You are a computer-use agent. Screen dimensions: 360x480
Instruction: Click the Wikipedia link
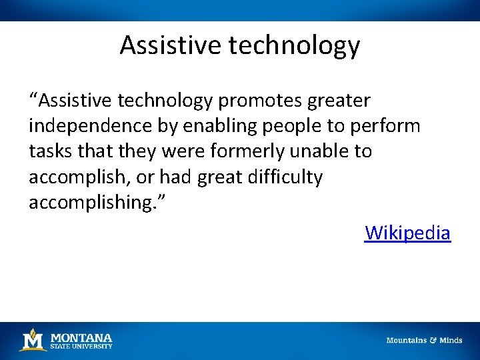tap(407, 233)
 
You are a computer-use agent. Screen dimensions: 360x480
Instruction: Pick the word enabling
tap(211, 126)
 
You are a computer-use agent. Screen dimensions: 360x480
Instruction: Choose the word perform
tap(388, 126)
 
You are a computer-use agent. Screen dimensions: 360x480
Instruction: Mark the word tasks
tap(50, 151)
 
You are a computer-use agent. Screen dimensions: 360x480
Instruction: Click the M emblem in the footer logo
tap(32, 339)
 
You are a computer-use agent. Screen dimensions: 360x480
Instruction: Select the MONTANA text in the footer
tap(81, 337)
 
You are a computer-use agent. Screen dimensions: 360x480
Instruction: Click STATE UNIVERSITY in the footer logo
tap(81, 346)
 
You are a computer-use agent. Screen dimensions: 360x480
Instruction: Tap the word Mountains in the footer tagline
tap(407, 340)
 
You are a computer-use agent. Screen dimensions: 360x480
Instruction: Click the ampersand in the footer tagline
tap(433, 340)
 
